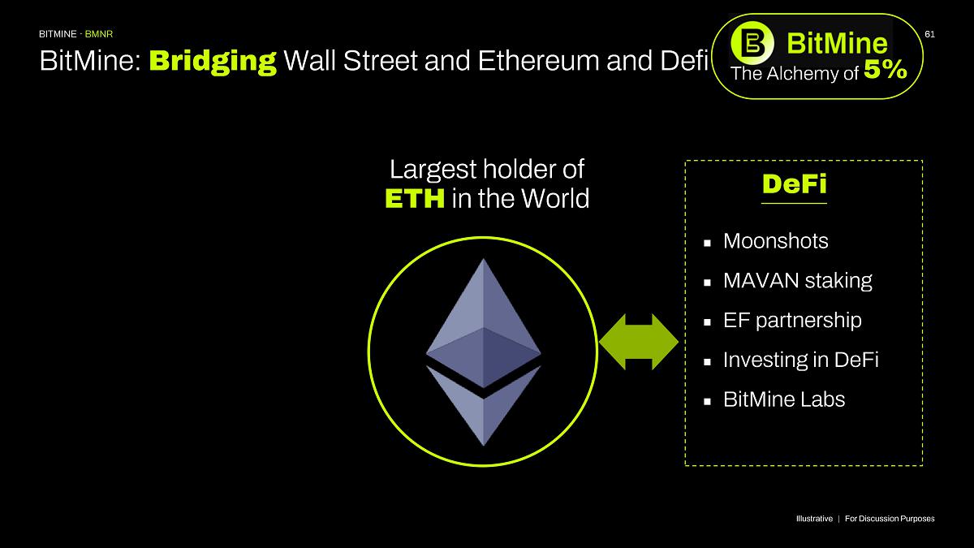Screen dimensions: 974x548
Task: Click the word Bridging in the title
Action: pyautogui.click(x=213, y=62)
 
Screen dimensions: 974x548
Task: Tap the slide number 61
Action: pyautogui.click(x=929, y=34)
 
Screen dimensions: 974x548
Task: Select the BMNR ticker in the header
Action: pyautogui.click(x=99, y=34)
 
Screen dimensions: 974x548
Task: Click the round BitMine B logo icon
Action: pyautogui.click(x=752, y=43)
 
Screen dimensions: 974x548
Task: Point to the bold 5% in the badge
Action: pyautogui.click(x=886, y=70)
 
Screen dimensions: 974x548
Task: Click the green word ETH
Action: pyautogui.click(x=415, y=199)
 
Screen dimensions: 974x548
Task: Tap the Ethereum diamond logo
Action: pyautogui.click(x=484, y=352)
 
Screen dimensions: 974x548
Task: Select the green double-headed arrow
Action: pyautogui.click(x=638, y=342)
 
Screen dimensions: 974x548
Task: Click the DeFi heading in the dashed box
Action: pyautogui.click(x=794, y=184)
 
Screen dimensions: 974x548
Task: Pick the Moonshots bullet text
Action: pyautogui.click(x=776, y=241)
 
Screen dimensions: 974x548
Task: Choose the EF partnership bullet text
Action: pyautogui.click(x=792, y=321)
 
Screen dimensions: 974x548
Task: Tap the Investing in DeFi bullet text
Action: pyautogui.click(x=801, y=360)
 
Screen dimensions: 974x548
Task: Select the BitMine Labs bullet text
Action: pyautogui.click(x=784, y=399)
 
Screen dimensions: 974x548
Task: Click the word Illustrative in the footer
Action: pyautogui.click(x=814, y=519)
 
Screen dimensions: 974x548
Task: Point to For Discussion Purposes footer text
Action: pyautogui.click(x=890, y=519)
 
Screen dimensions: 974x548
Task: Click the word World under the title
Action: pyautogui.click(x=555, y=199)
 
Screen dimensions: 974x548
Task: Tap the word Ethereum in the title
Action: pyautogui.click(x=539, y=61)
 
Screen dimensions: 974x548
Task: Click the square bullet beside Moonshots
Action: pyautogui.click(x=707, y=243)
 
